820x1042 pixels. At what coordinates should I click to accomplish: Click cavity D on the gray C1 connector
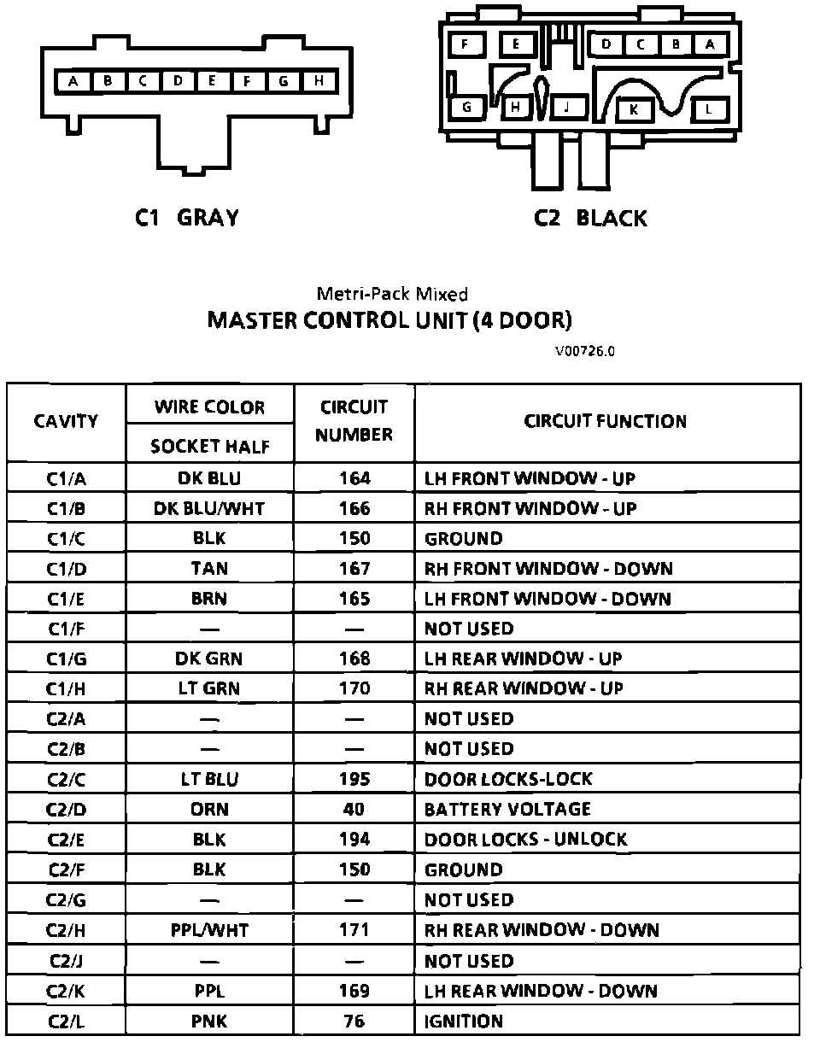click(178, 81)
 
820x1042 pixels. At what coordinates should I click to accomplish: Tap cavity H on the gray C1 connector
click(319, 81)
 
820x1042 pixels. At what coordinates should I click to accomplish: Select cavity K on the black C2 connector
click(634, 108)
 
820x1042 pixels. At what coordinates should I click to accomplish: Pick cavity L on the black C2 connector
click(709, 108)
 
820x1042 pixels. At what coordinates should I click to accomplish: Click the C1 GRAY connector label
click(187, 218)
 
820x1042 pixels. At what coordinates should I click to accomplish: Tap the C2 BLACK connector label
click(590, 218)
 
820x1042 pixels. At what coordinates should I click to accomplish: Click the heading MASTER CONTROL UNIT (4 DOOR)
click(389, 320)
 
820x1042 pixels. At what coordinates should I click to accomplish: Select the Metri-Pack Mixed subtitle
click(392, 294)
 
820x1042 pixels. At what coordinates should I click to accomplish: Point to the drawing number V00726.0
click(584, 350)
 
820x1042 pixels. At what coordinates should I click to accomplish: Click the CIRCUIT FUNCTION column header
click(605, 420)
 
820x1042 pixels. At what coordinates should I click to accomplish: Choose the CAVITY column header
click(66, 420)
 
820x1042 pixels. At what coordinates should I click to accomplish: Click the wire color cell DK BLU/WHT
click(209, 508)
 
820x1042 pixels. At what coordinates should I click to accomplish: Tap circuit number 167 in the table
click(354, 568)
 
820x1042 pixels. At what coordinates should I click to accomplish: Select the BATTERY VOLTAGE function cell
click(507, 809)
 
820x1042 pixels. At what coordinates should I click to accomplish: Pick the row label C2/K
click(66, 991)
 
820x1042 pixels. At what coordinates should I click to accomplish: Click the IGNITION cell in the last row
click(464, 1021)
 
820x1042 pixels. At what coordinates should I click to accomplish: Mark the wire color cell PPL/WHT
click(209, 929)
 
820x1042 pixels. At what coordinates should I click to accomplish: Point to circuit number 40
click(354, 809)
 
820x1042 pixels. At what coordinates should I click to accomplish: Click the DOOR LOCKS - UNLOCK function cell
click(525, 839)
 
